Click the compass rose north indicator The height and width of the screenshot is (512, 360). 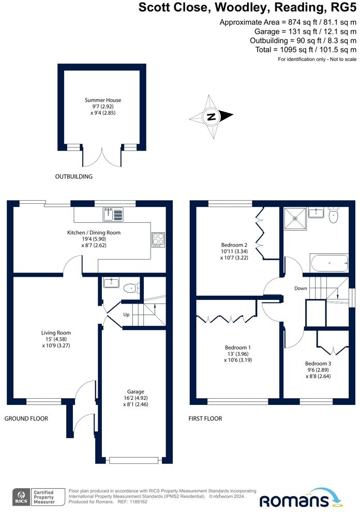click(212, 116)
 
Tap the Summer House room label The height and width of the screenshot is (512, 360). click(103, 100)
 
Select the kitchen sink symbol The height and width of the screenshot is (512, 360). click(113, 214)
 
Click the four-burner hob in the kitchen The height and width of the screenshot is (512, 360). click(158, 239)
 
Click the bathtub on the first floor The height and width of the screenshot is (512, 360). click(329, 263)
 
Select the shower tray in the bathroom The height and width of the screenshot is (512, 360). click(295, 218)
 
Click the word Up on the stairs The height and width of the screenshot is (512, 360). click(126, 314)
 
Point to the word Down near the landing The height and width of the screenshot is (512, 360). click(301, 289)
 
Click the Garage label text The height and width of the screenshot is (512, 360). click(136, 391)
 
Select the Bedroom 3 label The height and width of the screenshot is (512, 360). click(318, 364)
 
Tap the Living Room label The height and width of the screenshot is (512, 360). click(56, 333)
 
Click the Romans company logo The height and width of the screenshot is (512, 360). click(301, 498)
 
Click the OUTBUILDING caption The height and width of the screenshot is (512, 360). click(74, 177)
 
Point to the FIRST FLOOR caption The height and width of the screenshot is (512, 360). click(205, 418)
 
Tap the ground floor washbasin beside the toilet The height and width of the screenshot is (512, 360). click(111, 282)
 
